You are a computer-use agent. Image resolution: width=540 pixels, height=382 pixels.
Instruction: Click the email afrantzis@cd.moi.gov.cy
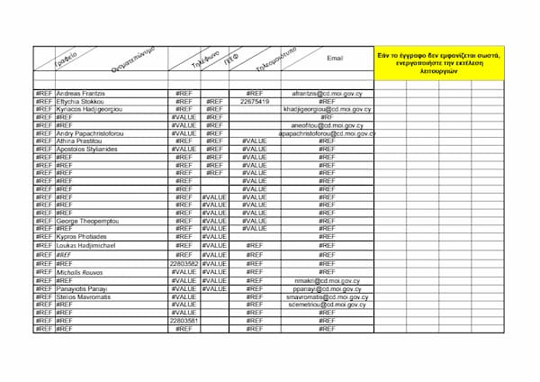[327, 94]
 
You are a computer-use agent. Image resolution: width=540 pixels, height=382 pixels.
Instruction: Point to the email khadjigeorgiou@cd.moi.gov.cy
[327, 109]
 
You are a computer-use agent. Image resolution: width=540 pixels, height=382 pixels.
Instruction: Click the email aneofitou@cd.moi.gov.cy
[327, 125]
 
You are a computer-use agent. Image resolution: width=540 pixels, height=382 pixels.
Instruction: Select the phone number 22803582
[184, 263]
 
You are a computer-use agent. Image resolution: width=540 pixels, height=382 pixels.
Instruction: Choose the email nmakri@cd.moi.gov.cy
[327, 280]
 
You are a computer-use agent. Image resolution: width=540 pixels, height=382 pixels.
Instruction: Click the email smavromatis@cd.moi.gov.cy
[327, 296]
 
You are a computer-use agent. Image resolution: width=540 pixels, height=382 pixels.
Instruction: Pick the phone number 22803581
[184, 320]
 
